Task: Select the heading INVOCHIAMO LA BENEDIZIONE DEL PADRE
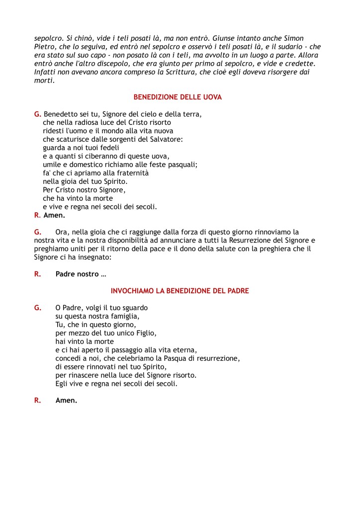tap(180, 290)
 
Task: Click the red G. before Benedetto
tap(38, 114)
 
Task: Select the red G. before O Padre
tap(38, 308)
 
